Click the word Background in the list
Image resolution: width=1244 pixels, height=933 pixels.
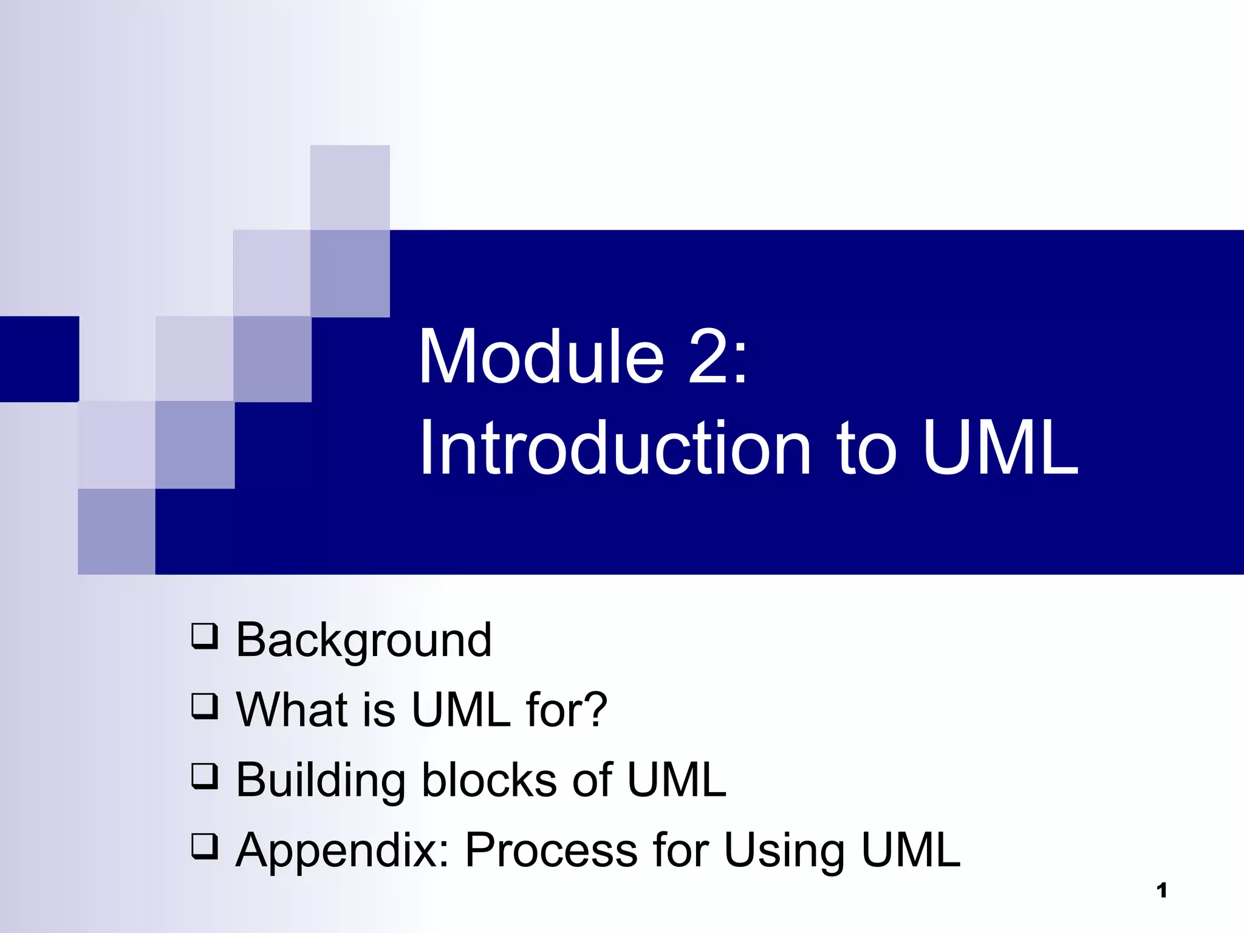[363, 640]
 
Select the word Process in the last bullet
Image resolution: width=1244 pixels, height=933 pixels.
[551, 850]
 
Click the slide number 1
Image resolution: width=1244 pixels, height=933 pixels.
[1161, 890]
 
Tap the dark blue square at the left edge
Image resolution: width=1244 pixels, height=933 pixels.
[39, 358]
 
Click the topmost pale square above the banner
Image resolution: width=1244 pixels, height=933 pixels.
[350, 187]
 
